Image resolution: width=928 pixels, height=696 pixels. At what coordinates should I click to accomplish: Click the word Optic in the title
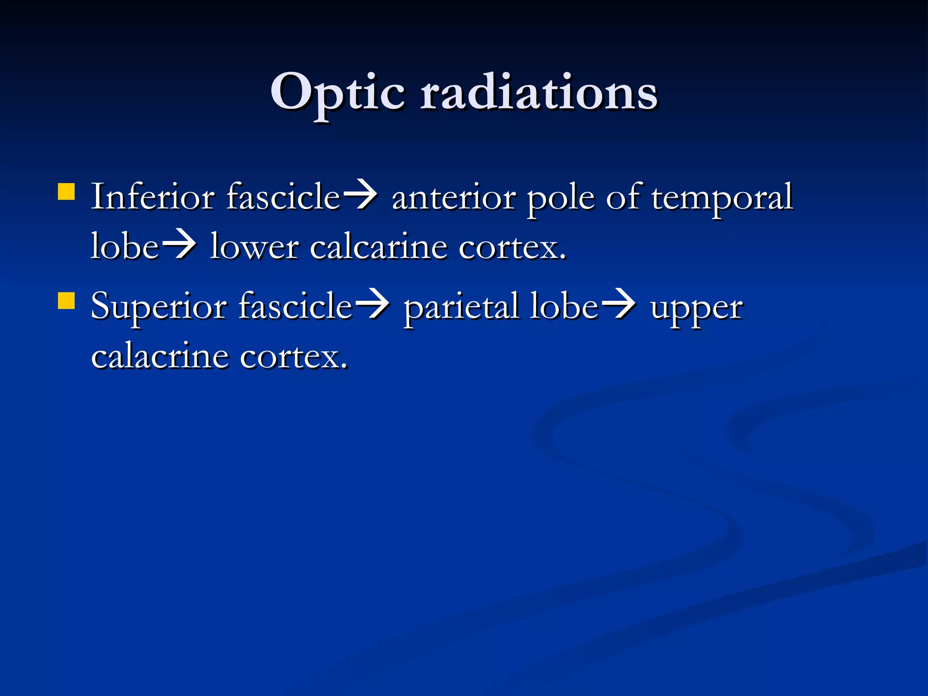(337, 93)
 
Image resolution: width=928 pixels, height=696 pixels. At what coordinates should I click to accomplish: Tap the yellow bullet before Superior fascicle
(67, 300)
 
